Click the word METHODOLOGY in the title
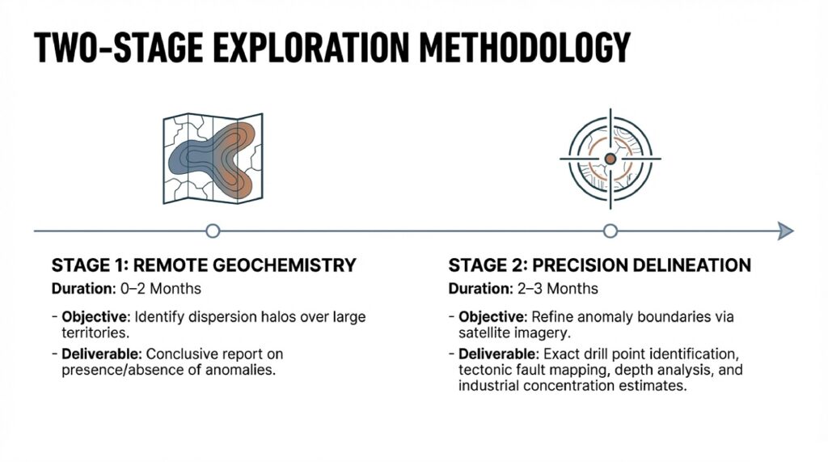[x=525, y=48]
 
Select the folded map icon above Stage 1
[x=213, y=158]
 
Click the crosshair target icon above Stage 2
[x=610, y=159]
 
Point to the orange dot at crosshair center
[x=610, y=159]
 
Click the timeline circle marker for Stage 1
[x=213, y=231]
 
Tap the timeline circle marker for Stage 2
[x=610, y=231]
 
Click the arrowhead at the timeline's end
[x=786, y=231]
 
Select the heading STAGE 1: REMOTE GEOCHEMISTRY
[x=204, y=265]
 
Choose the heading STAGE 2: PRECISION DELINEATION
[x=600, y=265]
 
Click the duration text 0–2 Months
[x=161, y=289]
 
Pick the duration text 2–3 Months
[x=558, y=289]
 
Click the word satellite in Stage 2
[x=484, y=333]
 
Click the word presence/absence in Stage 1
[x=123, y=370]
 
